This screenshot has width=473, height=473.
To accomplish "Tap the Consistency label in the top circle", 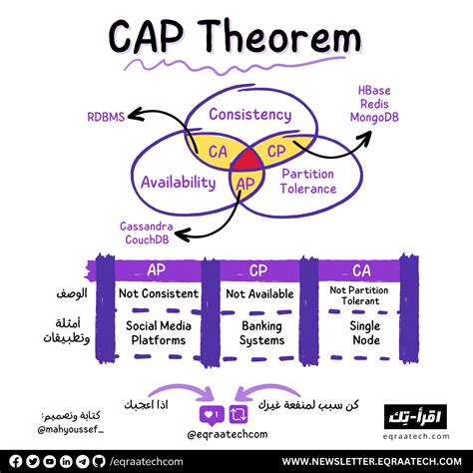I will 249,115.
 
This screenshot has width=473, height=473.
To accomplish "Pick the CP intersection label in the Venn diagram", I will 276,152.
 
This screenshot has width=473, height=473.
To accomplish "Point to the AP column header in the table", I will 157,269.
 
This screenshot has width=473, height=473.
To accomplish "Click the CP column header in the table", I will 257,269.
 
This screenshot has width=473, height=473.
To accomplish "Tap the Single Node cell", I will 360,332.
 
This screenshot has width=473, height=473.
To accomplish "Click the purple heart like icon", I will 210,412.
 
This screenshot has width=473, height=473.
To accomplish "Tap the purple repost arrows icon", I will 238,412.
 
